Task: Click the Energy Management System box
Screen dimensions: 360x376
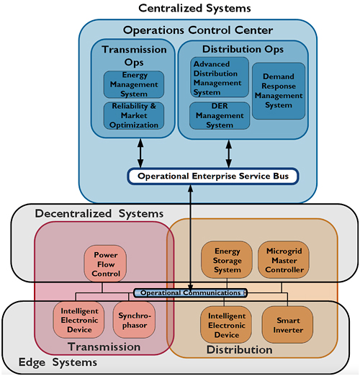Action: click(134, 84)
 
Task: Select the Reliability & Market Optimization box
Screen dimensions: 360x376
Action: click(134, 116)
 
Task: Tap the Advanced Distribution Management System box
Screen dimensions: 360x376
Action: click(220, 77)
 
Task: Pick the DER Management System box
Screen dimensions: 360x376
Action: click(220, 116)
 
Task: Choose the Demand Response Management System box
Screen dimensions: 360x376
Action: click(279, 91)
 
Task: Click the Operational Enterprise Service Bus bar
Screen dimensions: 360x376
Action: click(213, 176)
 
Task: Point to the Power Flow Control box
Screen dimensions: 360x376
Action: click(105, 264)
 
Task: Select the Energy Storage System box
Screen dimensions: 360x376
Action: click(227, 260)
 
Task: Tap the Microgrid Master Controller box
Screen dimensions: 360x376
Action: click(284, 260)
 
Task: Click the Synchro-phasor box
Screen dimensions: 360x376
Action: click(134, 320)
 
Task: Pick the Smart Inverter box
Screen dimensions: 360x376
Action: click(287, 325)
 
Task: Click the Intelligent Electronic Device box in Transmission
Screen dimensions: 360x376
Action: click(78, 320)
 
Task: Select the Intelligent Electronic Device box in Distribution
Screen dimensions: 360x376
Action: click(226, 325)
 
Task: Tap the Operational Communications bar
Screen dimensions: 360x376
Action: click(190, 293)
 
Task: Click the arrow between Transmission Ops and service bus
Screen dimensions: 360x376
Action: click(140, 153)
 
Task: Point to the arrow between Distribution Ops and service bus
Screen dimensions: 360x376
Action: click(229, 154)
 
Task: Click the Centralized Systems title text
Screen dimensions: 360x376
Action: click(194, 8)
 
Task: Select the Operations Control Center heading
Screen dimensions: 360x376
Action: click(198, 30)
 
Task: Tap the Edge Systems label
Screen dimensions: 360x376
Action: click(58, 362)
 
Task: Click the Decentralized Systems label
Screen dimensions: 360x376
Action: click(99, 213)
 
